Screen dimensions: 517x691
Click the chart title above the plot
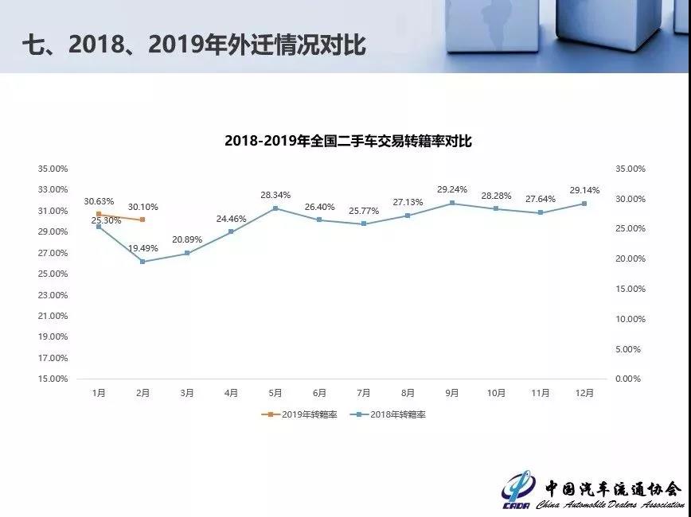point(349,141)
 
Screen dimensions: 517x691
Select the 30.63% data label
point(99,201)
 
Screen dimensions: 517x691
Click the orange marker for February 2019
point(142,220)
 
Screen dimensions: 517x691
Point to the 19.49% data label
point(143,248)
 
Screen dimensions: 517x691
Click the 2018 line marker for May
point(275,208)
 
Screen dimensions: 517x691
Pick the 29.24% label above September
point(452,190)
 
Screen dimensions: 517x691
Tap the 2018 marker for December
point(584,204)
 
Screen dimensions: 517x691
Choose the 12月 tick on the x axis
point(584,393)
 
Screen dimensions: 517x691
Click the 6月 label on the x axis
point(320,393)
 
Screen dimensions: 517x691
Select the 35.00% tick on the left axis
point(53,169)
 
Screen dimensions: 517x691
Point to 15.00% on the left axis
point(53,379)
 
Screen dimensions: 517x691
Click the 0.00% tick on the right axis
point(628,379)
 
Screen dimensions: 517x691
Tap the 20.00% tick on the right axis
point(628,259)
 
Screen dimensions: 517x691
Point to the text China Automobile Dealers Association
point(609,505)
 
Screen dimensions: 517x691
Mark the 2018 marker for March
point(187,253)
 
